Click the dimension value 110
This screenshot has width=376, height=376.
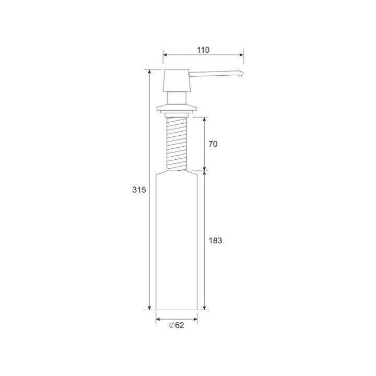coord(203,50)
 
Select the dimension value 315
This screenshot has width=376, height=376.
coord(139,190)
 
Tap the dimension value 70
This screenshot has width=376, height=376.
coord(213,144)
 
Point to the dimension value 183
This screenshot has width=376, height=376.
coord(215,241)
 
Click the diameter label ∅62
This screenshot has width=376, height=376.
coord(177,325)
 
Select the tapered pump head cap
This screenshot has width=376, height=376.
coord(177,80)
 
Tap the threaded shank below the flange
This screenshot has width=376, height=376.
coord(177,144)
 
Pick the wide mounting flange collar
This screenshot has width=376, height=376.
coord(177,108)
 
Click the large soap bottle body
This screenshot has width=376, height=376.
coord(177,241)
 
